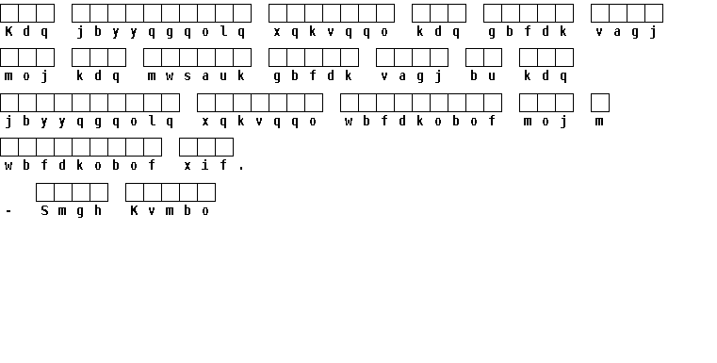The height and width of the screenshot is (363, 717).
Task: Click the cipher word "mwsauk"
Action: pyautogui.click(x=196, y=76)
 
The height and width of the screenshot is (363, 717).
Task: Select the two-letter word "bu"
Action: pyautogui.click(x=483, y=76)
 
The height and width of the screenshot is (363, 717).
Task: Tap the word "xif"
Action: pyautogui.click(x=205, y=165)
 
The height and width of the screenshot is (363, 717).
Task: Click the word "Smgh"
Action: pyautogui.click(x=71, y=210)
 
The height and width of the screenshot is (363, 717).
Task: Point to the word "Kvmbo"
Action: pyautogui.click(x=170, y=210)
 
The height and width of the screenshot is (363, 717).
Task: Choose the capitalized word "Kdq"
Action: pyautogui.click(x=26, y=31)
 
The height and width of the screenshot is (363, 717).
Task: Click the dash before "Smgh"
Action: pyautogui.click(x=8, y=211)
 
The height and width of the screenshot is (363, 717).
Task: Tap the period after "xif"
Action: pyautogui.click(x=241, y=169)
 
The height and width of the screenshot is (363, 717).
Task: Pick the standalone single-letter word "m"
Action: pyautogui.click(x=599, y=122)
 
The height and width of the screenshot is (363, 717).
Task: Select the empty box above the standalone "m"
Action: pyautogui.click(x=600, y=103)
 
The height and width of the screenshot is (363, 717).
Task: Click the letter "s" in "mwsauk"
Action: pyautogui.click(x=187, y=76)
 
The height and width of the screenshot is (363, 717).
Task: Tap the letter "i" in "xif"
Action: pyautogui.click(x=205, y=165)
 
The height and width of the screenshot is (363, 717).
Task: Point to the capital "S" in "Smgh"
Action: pyautogui.click(x=44, y=210)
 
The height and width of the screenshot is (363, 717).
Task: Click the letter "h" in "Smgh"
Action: pyautogui.click(x=98, y=210)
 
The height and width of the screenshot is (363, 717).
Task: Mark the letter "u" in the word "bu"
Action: pyautogui.click(x=492, y=76)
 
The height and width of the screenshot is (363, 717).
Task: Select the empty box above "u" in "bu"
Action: pyautogui.click(x=493, y=58)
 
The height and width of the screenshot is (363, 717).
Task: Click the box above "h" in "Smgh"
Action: pyautogui.click(x=99, y=192)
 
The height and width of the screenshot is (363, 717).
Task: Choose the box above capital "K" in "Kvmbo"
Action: pyautogui.click(x=135, y=192)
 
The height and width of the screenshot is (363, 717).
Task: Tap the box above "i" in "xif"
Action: pyautogui.click(x=206, y=147)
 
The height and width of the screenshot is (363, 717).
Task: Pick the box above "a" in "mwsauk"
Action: pyautogui.click(x=206, y=58)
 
